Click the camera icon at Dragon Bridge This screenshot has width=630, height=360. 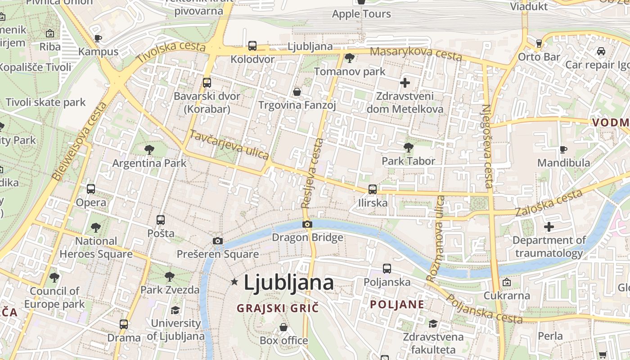[x=307, y=224]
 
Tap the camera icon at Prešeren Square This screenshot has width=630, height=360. [x=218, y=241]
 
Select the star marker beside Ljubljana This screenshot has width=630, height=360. [x=234, y=282]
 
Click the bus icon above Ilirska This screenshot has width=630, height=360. [x=373, y=189]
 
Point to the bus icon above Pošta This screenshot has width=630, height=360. [x=161, y=220]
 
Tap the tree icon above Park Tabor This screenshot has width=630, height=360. [x=408, y=147]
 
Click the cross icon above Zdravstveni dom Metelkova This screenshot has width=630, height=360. [x=405, y=82]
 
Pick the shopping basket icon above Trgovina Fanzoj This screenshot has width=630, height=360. [x=297, y=92]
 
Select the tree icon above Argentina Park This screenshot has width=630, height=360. [x=149, y=149]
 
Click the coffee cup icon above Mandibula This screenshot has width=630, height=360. [x=563, y=149]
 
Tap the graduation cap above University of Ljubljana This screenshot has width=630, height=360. [x=175, y=310]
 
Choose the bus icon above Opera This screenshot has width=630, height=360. [x=91, y=189]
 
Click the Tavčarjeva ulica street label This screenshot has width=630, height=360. [x=229, y=144]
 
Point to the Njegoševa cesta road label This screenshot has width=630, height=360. [x=487, y=146]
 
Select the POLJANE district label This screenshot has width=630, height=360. [x=397, y=304]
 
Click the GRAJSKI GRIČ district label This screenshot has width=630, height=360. [x=278, y=308]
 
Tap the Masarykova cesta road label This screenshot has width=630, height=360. [x=416, y=53]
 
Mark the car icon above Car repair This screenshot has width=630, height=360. [x=601, y=51]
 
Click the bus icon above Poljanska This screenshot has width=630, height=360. [x=387, y=269]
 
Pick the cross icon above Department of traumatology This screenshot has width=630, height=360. [x=549, y=227]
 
